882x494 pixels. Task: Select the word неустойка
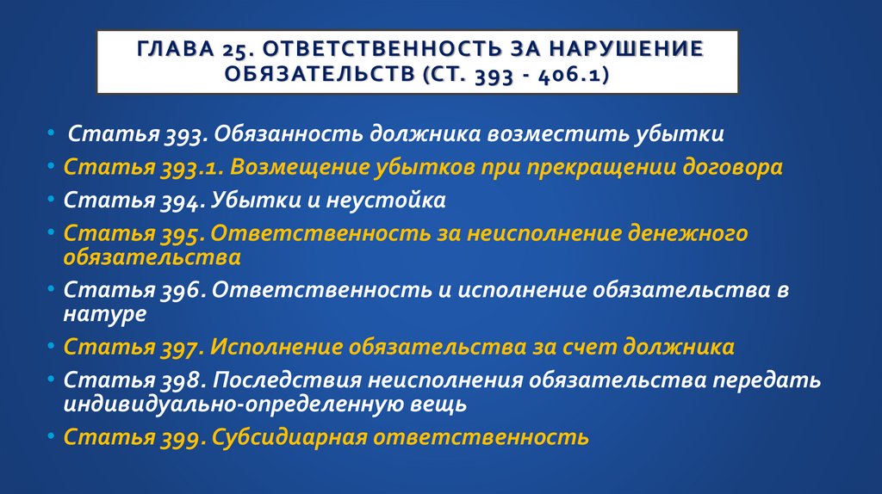[386, 201]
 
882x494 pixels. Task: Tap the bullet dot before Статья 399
[53, 436]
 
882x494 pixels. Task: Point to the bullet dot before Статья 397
[53, 347]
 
